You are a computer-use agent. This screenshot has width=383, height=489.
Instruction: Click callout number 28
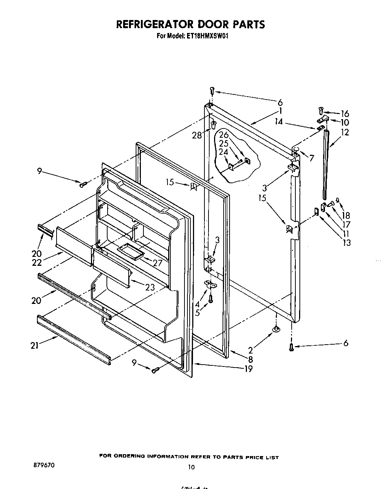(x=197, y=135)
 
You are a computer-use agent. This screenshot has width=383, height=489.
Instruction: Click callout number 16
(x=345, y=113)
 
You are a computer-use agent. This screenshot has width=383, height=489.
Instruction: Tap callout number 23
(x=150, y=287)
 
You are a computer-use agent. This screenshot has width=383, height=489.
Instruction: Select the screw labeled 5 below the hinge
(x=210, y=298)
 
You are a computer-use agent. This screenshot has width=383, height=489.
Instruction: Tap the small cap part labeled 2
(x=276, y=329)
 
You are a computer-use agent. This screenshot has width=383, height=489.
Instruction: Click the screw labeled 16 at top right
(x=321, y=110)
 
